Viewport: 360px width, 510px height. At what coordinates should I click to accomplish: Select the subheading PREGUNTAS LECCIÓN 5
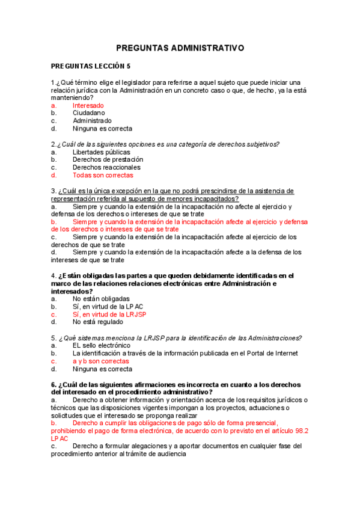(x=90, y=66)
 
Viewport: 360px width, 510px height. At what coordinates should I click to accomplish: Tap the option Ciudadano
(x=88, y=112)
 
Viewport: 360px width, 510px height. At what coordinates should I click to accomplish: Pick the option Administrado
(x=92, y=120)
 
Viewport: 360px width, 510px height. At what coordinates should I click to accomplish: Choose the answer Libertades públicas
(x=101, y=152)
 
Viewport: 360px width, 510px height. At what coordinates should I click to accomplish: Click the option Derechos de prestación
(x=108, y=159)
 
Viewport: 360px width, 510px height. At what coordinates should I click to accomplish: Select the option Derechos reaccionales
(x=106, y=167)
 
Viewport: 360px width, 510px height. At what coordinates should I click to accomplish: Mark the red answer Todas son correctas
(x=103, y=175)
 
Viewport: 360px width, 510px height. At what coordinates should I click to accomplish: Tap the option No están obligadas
(x=101, y=298)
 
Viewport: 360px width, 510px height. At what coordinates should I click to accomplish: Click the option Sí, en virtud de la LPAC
(x=108, y=306)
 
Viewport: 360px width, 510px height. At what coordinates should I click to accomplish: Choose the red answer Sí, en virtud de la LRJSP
(x=109, y=314)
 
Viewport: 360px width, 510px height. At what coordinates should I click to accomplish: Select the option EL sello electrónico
(x=102, y=346)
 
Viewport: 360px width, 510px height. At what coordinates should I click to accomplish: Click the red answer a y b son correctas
(x=101, y=361)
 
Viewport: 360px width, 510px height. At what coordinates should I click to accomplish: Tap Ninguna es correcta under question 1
(x=102, y=128)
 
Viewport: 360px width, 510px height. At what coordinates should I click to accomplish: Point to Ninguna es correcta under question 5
(x=102, y=369)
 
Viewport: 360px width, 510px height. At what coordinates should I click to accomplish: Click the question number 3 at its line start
(x=53, y=191)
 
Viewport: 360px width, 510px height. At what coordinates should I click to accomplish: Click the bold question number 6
(x=53, y=384)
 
